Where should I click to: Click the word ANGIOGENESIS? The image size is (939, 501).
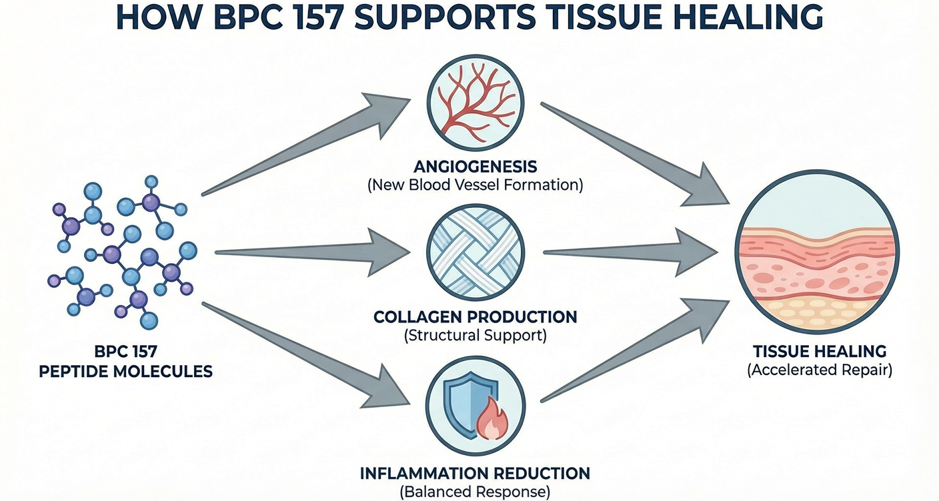coord(475,166)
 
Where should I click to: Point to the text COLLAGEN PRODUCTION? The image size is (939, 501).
coord(475,316)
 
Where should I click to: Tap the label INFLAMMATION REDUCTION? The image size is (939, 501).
coord(475,474)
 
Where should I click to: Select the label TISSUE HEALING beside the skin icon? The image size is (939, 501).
coord(820,351)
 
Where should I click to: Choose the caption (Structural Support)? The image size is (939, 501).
coord(475,336)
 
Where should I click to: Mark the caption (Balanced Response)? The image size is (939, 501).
coord(475,492)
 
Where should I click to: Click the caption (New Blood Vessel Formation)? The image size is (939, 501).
coord(475,185)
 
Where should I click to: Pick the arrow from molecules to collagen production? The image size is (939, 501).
coord(313,252)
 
